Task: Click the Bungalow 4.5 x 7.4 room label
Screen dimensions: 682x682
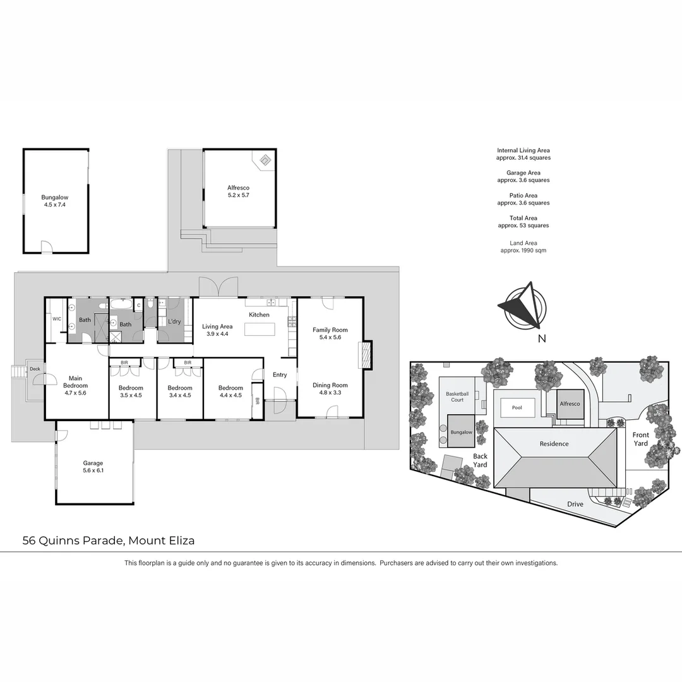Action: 55,201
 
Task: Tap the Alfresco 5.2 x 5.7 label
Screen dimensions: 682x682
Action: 238,191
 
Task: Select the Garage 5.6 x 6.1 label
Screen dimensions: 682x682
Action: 93,467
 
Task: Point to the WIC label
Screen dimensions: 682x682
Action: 57,319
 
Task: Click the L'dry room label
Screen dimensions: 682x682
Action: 174,321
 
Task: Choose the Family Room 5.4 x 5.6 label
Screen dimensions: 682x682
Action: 330,333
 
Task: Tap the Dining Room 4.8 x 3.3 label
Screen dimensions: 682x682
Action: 330,388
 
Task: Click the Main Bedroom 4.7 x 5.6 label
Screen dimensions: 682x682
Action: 76,385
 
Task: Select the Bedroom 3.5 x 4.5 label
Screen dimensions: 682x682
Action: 131,392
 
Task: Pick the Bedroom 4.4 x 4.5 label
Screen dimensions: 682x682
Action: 230,392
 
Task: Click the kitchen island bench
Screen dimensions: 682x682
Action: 260,329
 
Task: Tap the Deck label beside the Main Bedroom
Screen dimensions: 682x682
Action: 35,369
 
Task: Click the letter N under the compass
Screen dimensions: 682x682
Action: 542,338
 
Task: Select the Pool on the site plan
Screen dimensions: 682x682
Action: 517,407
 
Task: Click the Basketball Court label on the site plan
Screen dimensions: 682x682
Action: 457,397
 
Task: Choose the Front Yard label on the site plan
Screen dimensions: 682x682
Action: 640,439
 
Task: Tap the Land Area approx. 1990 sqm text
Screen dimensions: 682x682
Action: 523,247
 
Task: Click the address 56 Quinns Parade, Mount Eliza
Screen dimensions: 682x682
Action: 109,541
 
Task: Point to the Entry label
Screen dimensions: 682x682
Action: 280,374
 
